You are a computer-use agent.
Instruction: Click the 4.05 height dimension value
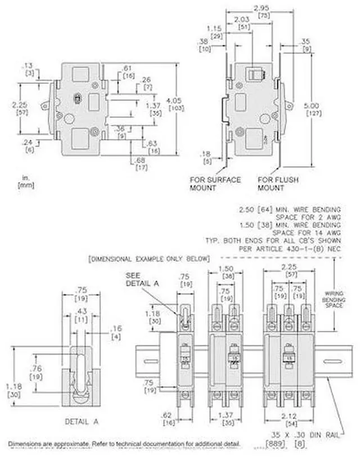[173, 101]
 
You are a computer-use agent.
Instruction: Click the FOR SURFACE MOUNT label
[215, 184]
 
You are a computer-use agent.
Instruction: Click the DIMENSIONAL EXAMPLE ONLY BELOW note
[148, 258]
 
